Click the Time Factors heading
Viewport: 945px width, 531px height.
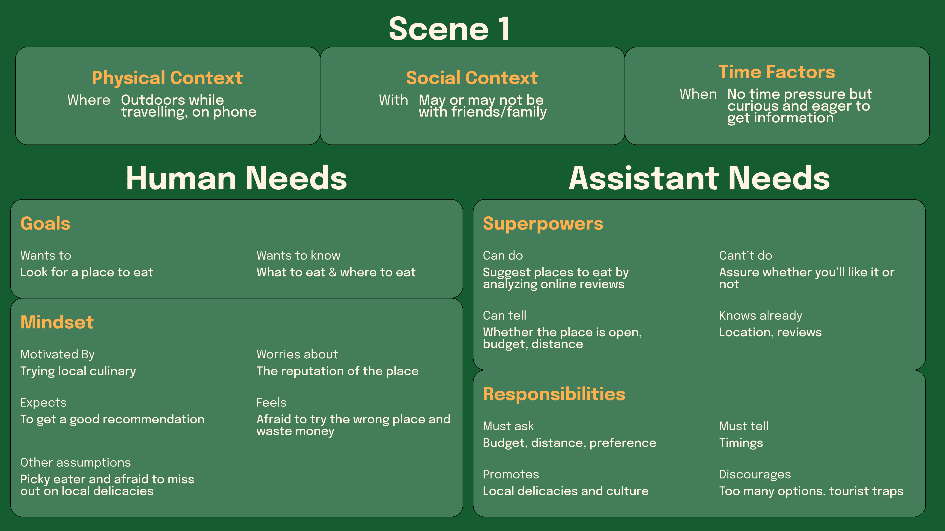777,72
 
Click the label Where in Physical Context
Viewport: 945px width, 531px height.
89,100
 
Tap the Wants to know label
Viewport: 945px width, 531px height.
298,255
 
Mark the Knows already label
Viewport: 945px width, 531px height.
760,316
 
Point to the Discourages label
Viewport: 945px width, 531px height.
755,474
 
